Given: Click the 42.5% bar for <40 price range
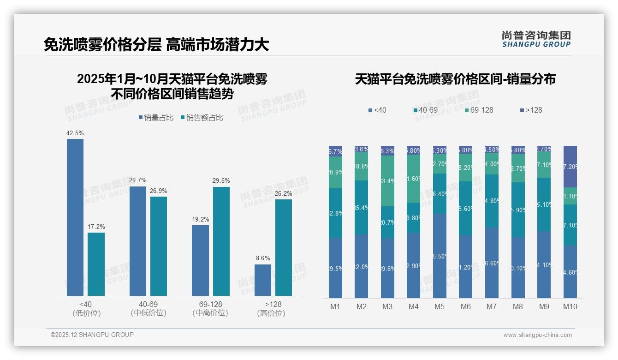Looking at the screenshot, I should coord(75,217).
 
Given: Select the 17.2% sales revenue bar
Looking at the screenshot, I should coord(96,264).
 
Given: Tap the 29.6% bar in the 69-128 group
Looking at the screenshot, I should coord(221,241).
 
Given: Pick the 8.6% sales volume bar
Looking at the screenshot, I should coord(263,280).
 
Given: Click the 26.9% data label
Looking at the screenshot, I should coord(159,191).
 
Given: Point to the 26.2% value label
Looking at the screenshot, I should coord(284,193).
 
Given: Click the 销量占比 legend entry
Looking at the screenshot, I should coord(156,118).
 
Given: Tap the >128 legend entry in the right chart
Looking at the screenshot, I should coord(531,110).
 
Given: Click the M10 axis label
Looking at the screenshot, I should coord(570,306).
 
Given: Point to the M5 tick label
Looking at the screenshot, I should coord(440,306).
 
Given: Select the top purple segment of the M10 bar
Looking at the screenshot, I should coord(570,166).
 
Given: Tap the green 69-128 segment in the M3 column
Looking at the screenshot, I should coord(387,180).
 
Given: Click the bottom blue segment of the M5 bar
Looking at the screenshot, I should coord(440,256).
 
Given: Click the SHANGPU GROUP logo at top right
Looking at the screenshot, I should coord(536,39).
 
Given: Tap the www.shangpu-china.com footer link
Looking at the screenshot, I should coord(537,335).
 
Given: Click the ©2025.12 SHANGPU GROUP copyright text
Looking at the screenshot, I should coord(92,335).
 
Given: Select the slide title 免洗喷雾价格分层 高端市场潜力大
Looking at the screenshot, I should coord(156,45).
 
